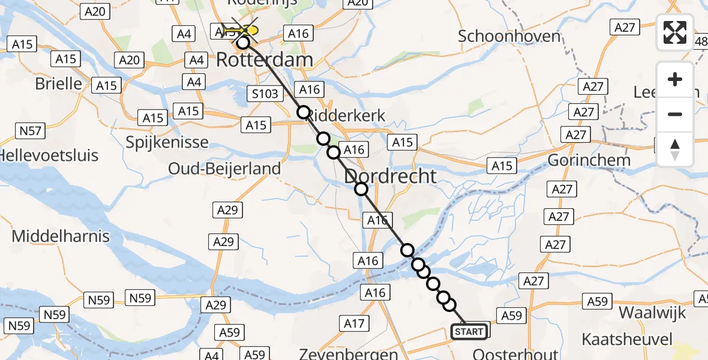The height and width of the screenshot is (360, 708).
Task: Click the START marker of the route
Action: tap(469, 331)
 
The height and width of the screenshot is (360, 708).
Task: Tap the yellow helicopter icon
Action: tap(248, 30)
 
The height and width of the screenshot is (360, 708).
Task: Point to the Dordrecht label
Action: tap(390, 176)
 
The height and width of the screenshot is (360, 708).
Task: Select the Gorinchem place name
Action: tap(589, 160)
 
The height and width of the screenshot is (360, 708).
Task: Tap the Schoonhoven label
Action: tap(509, 36)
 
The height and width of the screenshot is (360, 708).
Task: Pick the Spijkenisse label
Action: tap(167, 143)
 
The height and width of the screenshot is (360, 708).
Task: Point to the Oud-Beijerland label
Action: tap(224, 169)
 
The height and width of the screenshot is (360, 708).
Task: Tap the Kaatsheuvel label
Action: tap(626, 339)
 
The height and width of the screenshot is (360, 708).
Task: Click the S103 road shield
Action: tap(264, 93)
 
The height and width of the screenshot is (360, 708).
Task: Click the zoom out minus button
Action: tap(675, 114)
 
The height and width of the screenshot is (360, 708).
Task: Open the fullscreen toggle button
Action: tap(675, 32)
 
